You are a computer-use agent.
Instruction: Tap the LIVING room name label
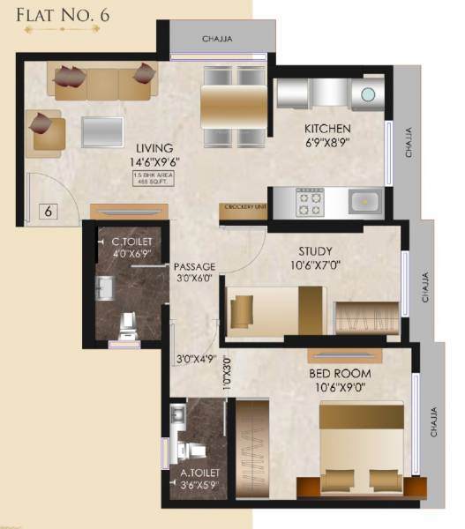point(154,147)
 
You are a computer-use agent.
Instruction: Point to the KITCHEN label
point(330,127)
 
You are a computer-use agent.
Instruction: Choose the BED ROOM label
point(340,373)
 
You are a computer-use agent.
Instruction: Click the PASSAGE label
point(196,266)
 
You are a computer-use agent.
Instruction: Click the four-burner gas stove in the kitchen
point(310,204)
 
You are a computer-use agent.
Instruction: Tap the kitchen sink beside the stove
point(363,202)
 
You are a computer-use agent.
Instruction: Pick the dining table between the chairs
point(234,107)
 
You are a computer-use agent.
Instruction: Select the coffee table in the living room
point(103,131)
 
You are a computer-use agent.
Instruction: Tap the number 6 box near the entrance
point(49,212)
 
